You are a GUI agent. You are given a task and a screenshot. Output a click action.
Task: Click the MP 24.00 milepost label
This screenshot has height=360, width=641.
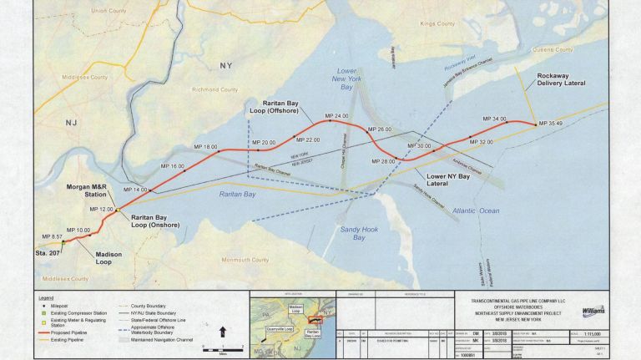pos(336,115)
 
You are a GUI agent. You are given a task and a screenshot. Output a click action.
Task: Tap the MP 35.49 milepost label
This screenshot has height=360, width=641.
pos(549,124)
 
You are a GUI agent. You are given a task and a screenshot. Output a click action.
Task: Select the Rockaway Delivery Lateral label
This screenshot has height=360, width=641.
pos(561,79)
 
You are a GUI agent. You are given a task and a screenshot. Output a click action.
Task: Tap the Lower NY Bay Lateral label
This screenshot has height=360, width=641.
pos(448,179)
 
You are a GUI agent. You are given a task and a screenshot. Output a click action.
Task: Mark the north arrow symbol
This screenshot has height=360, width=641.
pos(222,332)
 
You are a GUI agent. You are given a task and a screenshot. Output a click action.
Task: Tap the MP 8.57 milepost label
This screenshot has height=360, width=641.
pos(52,237)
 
